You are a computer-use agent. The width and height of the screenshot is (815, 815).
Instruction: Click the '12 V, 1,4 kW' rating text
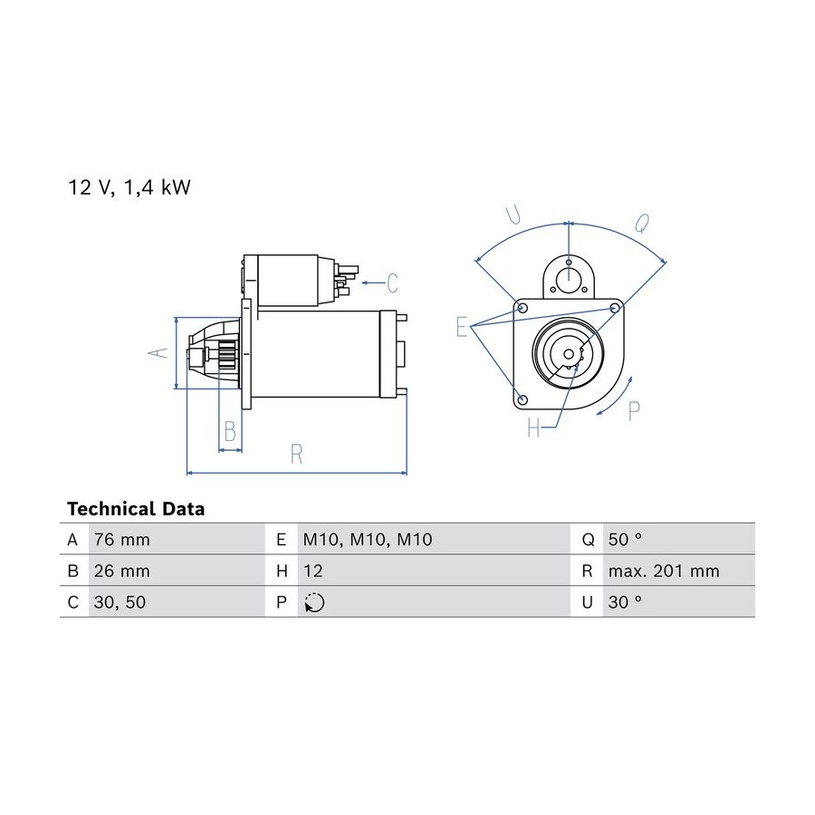129,187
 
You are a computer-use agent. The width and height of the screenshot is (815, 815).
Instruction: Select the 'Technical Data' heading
136,509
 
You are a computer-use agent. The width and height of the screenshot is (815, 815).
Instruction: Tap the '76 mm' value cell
121,540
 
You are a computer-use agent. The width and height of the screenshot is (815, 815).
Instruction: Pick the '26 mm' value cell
121,570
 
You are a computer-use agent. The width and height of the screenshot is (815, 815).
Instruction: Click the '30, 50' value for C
120,602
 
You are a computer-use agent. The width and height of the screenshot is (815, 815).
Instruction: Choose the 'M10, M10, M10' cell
368,540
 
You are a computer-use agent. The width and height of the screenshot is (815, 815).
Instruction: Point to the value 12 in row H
313,570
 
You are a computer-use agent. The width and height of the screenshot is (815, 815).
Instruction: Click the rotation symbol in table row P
314,602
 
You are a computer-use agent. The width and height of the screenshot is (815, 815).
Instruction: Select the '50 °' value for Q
625,540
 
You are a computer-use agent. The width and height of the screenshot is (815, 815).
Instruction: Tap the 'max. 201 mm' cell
664,570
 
